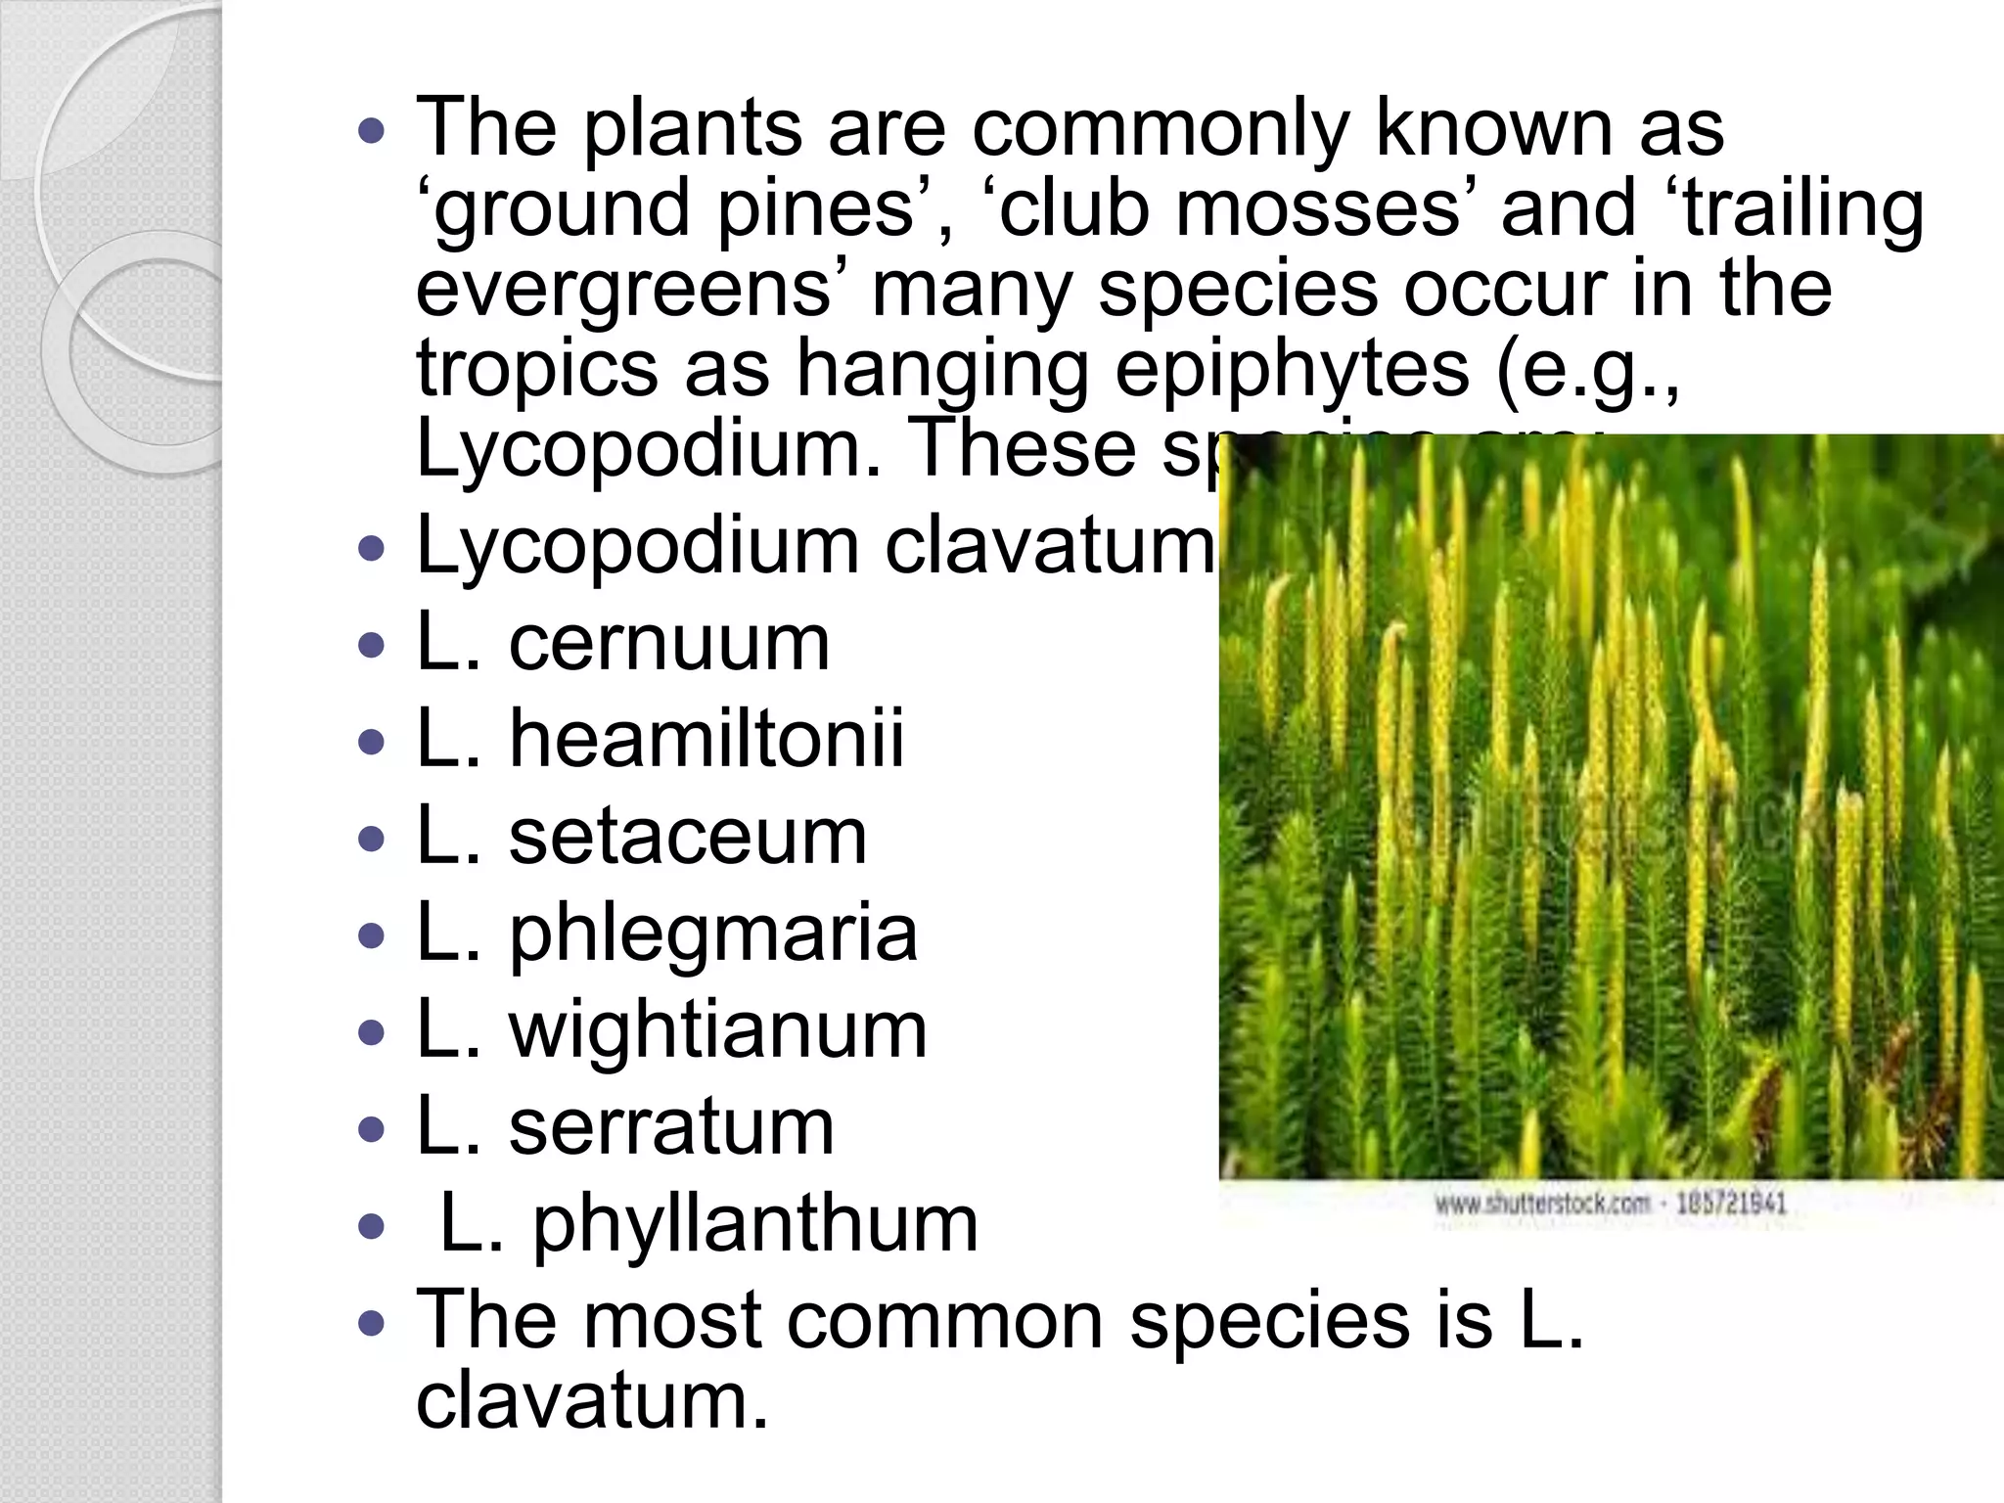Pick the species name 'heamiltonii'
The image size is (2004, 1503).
[706, 740]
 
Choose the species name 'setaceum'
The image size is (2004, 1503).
[687, 837]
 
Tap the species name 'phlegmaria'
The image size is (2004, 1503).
[712, 934]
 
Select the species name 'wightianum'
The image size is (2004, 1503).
[717, 1030]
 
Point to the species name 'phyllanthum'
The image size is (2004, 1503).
[754, 1224]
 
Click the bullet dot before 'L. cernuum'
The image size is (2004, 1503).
[373, 646]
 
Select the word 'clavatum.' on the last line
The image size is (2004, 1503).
[593, 1400]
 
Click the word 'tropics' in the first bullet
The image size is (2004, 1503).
[537, 370]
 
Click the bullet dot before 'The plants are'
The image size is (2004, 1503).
[373, 130]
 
